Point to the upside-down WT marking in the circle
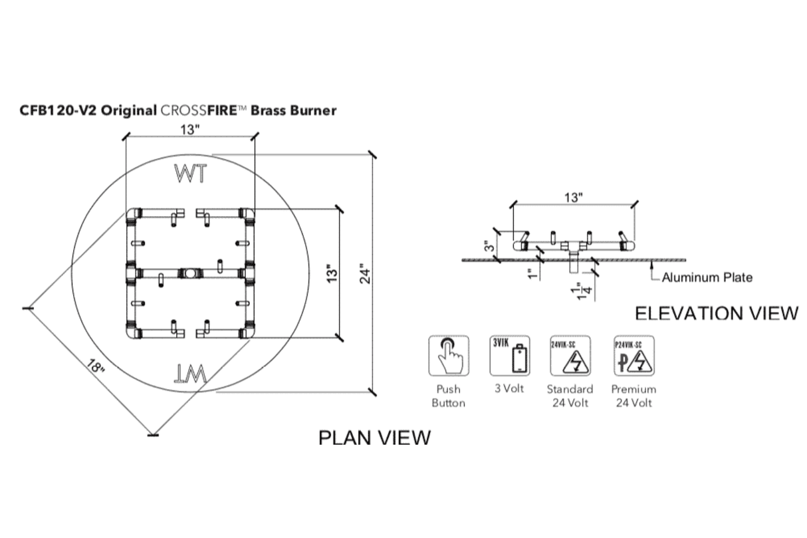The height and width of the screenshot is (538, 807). click(x=191, y=374)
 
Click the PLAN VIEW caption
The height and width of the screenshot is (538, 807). click(x=374, y=437)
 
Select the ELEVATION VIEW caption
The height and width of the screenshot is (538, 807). click(x=717, y=313)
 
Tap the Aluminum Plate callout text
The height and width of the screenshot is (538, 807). click(x=707, y=277)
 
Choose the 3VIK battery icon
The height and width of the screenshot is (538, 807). click(x=511, y=356)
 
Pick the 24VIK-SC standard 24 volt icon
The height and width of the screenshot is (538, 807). click(x=570, y=356)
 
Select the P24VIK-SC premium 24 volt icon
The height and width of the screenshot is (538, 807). click(x=634, y=356)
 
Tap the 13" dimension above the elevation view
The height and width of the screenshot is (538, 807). click(x=573, y=198)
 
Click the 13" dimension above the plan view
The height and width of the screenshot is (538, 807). click(x=189, y=130)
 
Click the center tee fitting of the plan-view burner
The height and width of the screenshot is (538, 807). click(x=190, y=273)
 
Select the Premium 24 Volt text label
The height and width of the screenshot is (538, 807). click(x=634, y=396)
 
